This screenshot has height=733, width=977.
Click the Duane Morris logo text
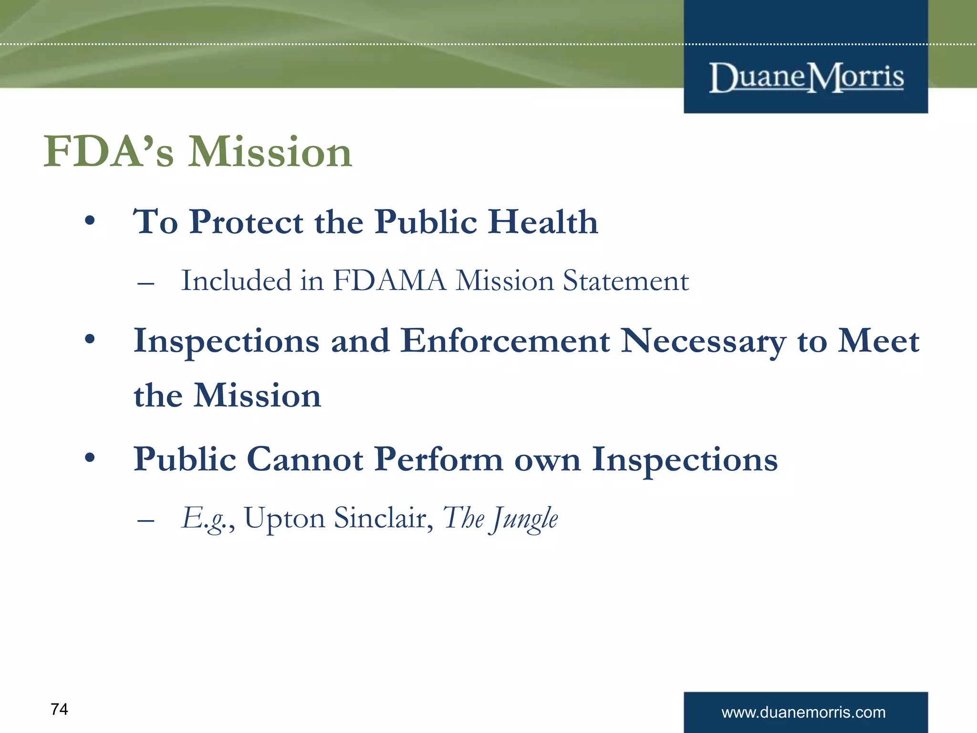click(x=806, y=78)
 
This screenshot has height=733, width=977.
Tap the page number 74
click(x=59, y=709)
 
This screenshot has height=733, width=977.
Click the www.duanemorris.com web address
click(x=803, y=712)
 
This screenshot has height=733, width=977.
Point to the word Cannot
click(x=305, y=459)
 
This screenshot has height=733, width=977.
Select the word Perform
click(x=438, y=460)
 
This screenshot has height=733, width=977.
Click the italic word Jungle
click(x=525, y=519)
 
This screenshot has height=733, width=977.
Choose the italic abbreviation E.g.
click(x=205, y=519)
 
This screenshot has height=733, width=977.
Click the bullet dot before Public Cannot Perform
click(x=90, y=459)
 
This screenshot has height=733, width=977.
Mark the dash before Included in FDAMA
click(x=146, y=284)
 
